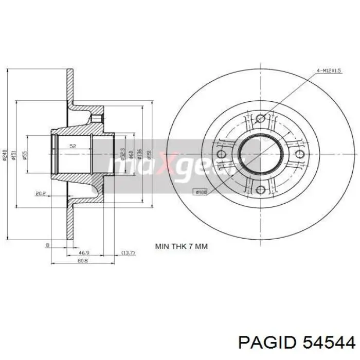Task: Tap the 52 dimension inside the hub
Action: [x=73, y=147]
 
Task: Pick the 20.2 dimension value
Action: [x=41, y=193]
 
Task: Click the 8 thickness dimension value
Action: [x=47, y=245]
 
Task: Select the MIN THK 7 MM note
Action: [x=182, y=246]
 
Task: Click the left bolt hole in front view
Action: [x=222, y=155]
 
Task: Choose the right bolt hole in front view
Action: [x=300, y=155]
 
